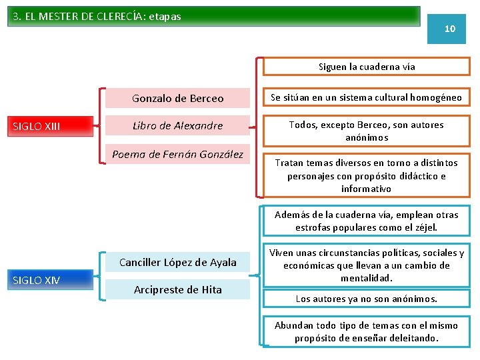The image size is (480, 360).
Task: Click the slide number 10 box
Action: click(450, 29)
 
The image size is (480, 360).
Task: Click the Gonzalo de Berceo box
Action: click(177, 99)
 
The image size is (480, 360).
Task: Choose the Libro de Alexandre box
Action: click(177, 125)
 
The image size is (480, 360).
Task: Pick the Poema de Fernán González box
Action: click(177, 155)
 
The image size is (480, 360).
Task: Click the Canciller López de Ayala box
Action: click(177, 262)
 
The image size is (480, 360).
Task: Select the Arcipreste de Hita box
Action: click(177, 289)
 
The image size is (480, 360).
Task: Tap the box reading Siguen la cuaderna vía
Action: click(366, 67)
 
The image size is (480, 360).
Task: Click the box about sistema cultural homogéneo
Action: click(366, 98)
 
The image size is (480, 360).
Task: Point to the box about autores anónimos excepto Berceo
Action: click(366, 131)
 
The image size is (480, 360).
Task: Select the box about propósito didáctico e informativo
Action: click(366, 175)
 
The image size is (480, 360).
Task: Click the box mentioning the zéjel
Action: click(366, 221)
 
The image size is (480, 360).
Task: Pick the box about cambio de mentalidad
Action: click(366, 265)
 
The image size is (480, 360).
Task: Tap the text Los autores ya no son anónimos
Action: click(366, 299)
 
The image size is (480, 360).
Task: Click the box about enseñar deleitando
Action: click(366, 331)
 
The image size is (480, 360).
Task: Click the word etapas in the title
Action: click(164, 16)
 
